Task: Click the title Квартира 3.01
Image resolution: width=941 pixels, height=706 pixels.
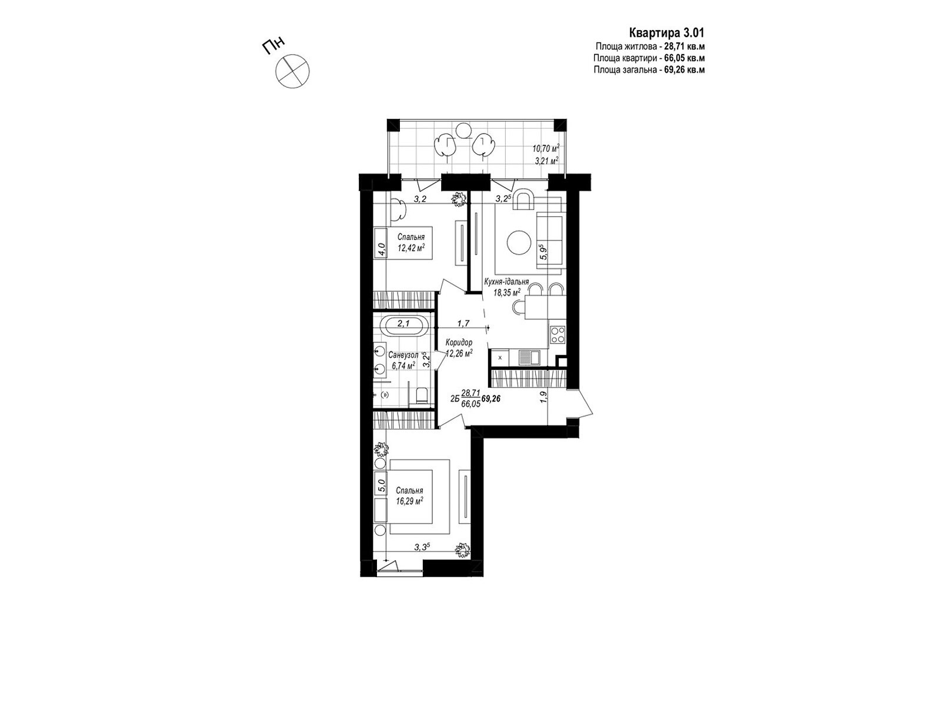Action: pos(666,33)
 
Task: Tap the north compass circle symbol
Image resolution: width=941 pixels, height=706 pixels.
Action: pos(292,72)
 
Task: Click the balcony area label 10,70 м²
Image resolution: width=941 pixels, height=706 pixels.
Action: pos(546,149)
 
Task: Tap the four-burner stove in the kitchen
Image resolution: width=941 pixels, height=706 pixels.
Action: pos(558,335)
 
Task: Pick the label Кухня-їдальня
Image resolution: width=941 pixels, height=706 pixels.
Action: pos(506,282)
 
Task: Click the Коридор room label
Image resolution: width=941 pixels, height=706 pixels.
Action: pos(459,342)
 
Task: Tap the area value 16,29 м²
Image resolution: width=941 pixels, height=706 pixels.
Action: pos(410,501)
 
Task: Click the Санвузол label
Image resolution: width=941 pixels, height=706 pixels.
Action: pos(403,355)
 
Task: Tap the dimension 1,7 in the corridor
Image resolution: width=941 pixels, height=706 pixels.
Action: pos(463,323)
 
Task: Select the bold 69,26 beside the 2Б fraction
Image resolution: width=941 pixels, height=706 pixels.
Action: pos(491,398)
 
